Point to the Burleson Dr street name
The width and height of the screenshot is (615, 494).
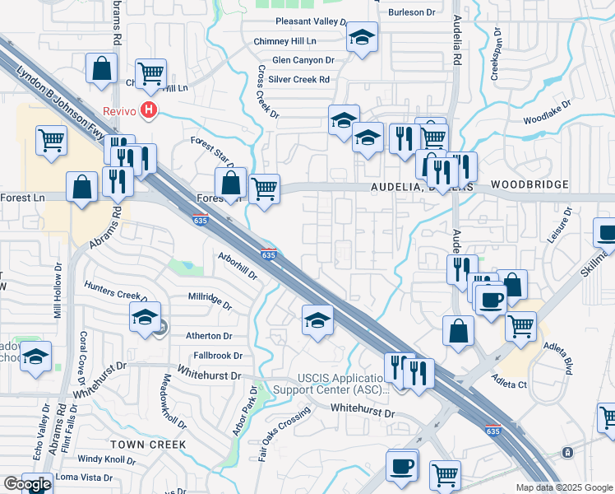coord(412,12)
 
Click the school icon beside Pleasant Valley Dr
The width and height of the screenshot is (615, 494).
coord(362,39)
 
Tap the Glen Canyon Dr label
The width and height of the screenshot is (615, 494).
coord(303,60)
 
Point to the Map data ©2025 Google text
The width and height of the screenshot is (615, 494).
coord(563,487)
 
